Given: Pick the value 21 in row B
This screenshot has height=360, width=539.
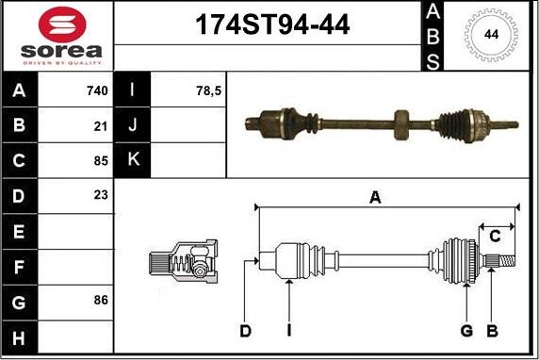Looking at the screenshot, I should point(101,125).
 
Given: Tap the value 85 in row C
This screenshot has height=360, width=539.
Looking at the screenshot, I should point(101,160).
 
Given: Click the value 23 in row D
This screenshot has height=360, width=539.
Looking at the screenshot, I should point(101,195).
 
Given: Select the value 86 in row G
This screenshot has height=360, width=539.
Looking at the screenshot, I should point(101,300).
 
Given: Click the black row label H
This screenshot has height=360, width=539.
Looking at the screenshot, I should point(19,335).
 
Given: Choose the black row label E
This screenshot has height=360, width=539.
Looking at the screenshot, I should point(19,231).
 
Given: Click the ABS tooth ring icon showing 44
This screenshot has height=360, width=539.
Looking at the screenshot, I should point(490,35).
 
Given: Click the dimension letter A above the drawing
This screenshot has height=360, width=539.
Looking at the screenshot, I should point(375,198).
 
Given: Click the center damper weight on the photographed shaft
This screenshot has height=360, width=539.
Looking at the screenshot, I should point(401,123).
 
